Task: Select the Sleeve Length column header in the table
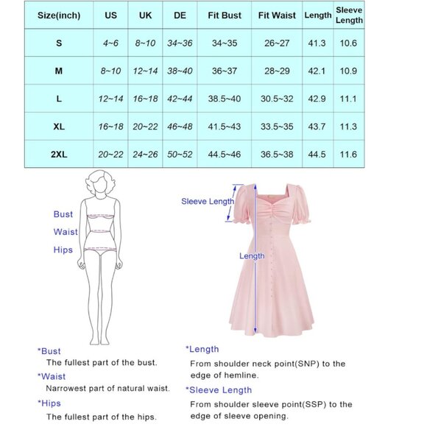click(348, 15)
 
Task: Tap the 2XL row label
click(59, 155)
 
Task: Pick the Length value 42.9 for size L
click(317, 99)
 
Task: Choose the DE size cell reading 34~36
click(180, 43)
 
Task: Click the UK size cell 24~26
click(146, 155)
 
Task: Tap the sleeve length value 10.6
click(348, 43)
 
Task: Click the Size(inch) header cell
click(59, 15)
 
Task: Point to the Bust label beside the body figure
click(63, 214)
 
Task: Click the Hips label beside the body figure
click(63, 250)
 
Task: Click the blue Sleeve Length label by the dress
click(208, 201)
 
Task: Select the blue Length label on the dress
click(252, 256)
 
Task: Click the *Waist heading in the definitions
click(52, 376)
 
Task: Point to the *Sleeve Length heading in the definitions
click(219, 390)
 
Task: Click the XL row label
click(59, 127)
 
